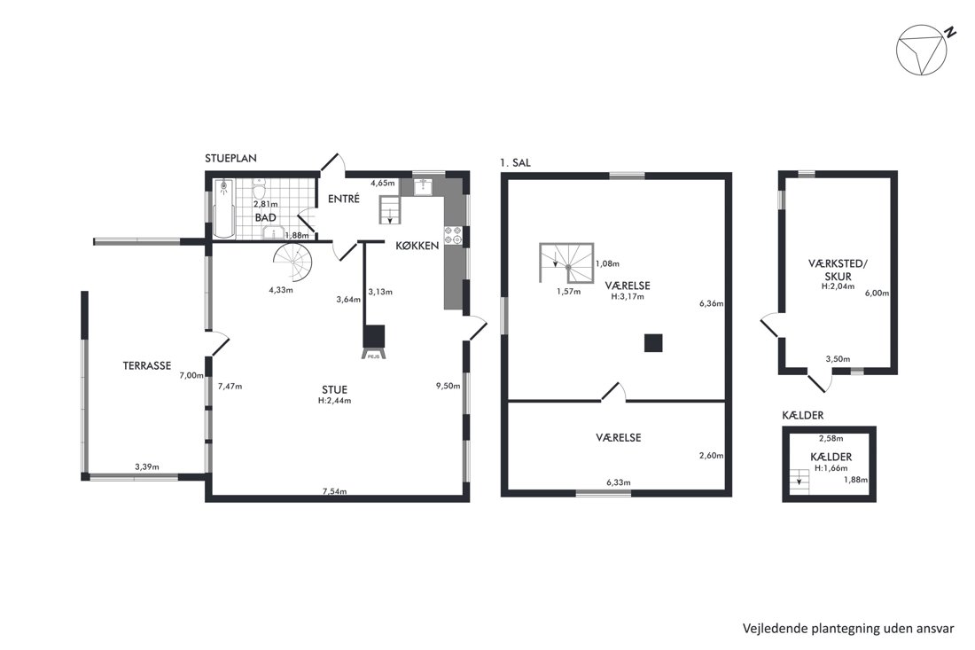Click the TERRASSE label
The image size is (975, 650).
click(x=147, y=365)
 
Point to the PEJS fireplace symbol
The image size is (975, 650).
click(x=374, y=341)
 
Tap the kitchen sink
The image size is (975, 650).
click(x=424, y=186)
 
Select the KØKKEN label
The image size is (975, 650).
click(x=417, y=246)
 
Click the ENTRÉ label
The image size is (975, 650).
click(x=344, y=199)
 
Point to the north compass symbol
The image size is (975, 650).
click(x=922, y=50)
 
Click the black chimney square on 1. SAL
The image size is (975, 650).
click(x=653, y=343)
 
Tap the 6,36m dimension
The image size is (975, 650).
click(x=712, y=303)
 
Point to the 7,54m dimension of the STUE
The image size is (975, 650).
click(x=334, y=491)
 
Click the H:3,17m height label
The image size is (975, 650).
click(x=628, y=297)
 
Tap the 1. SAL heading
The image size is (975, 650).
click(x=515, y=163)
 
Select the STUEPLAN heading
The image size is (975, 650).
click(x=230, y=158)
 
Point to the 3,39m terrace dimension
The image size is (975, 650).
click(x=147, y=467)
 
